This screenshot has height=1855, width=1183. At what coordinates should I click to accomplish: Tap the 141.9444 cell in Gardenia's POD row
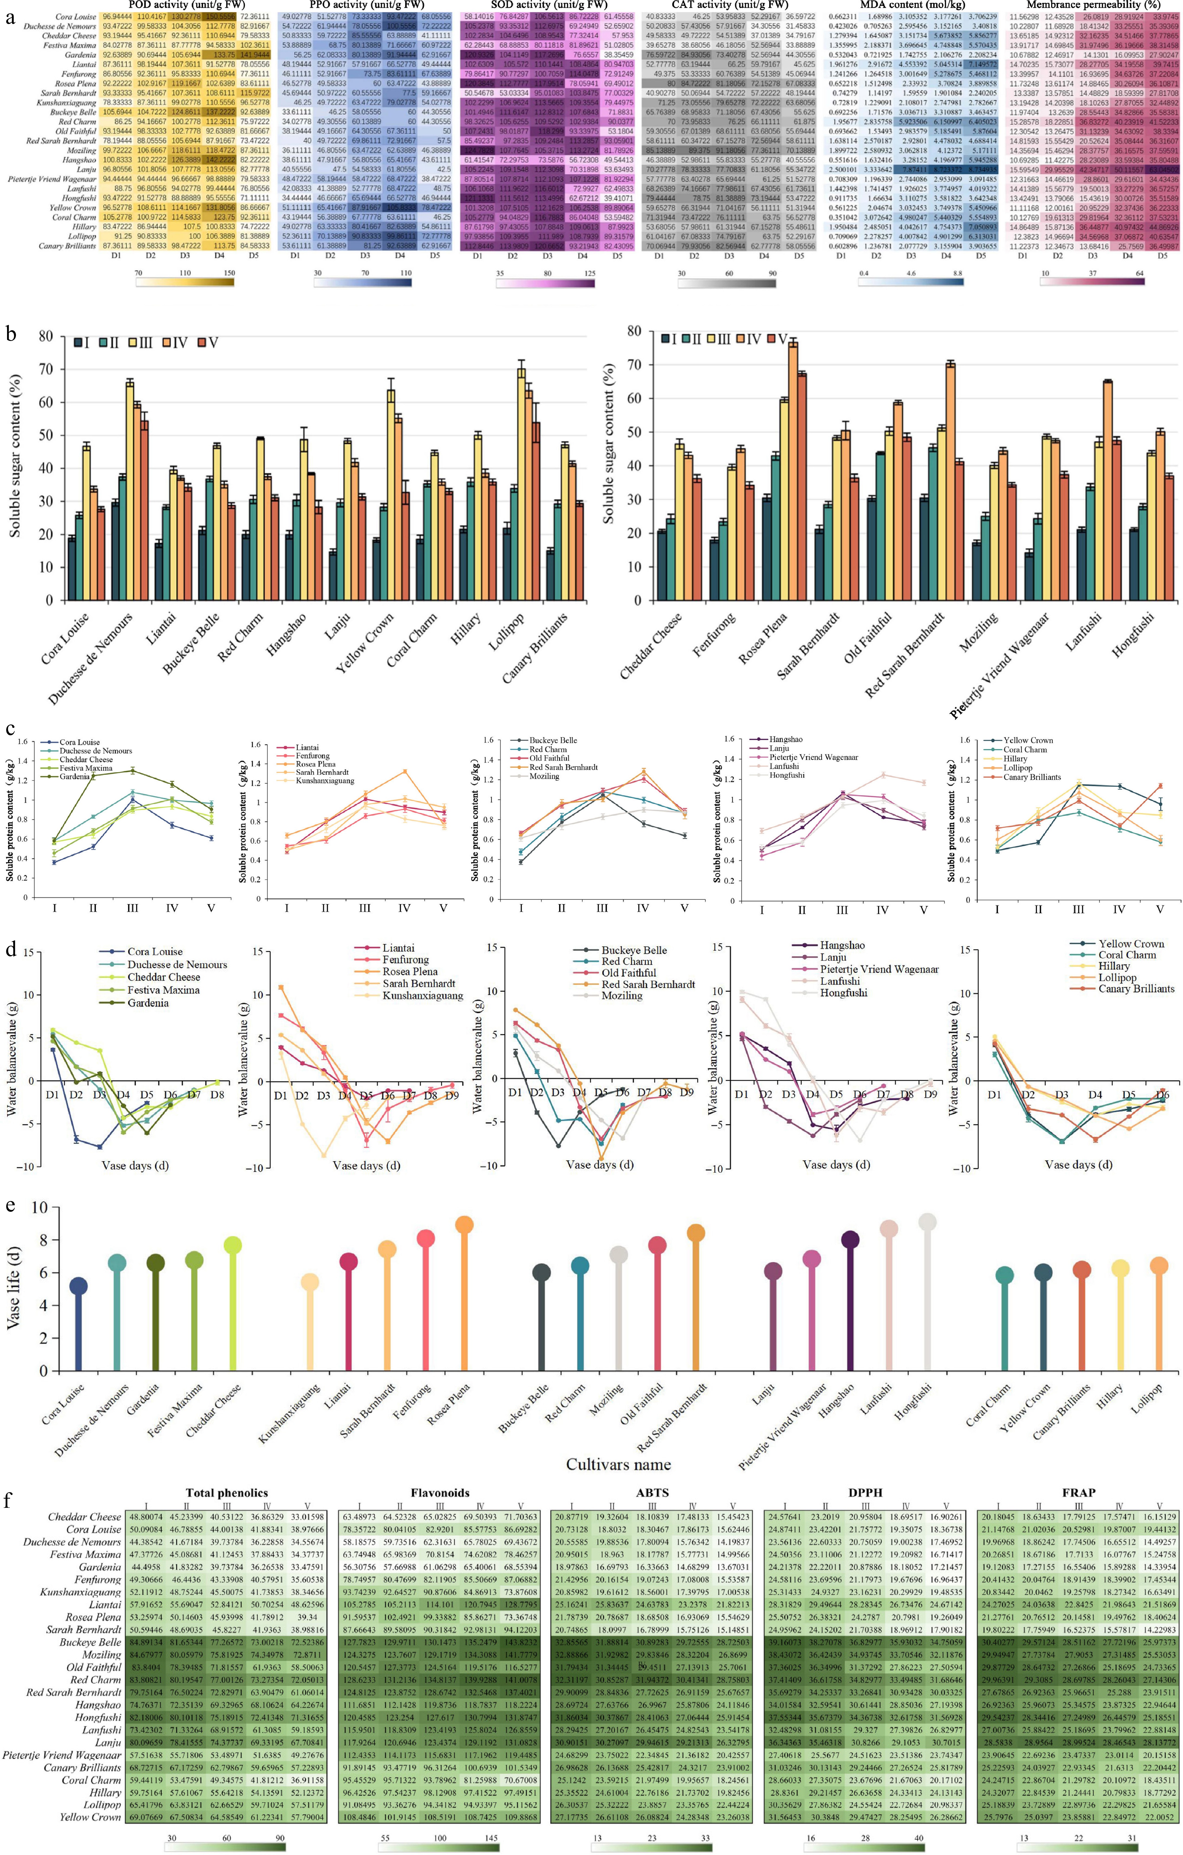pos(254,55)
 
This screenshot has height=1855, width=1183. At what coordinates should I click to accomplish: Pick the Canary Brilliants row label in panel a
pos(69,246)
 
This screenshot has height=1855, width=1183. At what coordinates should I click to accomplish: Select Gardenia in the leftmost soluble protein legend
pos(72,777)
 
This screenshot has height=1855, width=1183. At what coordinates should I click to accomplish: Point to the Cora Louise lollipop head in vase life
pos(79,1286)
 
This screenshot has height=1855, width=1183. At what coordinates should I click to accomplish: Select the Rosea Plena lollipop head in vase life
pos(464,1224)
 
